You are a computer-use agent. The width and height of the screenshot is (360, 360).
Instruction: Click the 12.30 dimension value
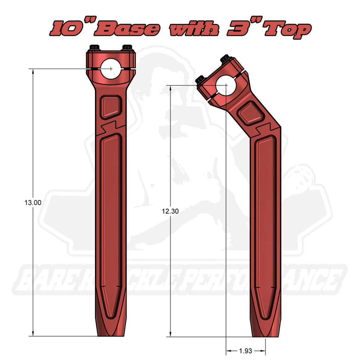click(171, 211)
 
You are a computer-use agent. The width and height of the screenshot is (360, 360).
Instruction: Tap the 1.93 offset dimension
click(245, 351)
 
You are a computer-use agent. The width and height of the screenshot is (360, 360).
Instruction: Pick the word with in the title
click(193, 29)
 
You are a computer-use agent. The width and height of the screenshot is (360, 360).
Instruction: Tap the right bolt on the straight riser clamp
click(127, 47)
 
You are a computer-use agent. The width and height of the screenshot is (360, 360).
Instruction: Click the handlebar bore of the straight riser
click(111, 69)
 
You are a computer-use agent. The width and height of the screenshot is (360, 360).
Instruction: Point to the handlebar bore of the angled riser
click(225, 85)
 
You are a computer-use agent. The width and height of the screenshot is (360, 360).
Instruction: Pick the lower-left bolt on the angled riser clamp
click(200, 79)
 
